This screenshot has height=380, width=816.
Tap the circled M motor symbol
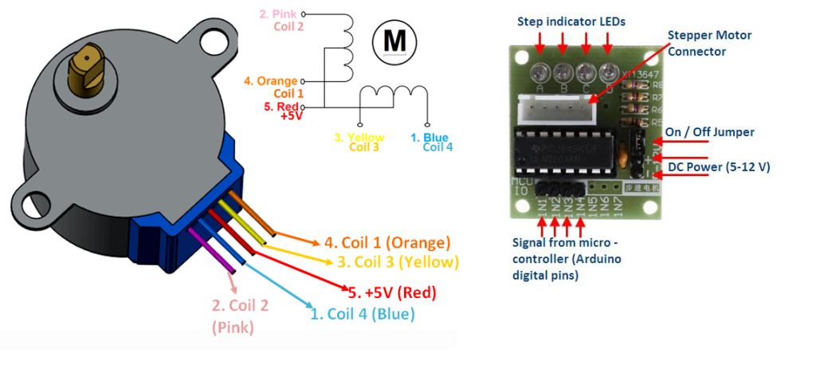[394, 39]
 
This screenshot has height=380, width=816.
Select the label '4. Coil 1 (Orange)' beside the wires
[386, 242]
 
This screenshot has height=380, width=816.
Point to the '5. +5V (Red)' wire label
[393, 292]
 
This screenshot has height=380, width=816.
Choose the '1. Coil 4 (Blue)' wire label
[363, 314]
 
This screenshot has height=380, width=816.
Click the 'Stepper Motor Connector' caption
[709, 43]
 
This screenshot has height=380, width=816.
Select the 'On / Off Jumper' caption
[709, 132]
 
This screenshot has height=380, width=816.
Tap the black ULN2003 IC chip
[567, 151]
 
